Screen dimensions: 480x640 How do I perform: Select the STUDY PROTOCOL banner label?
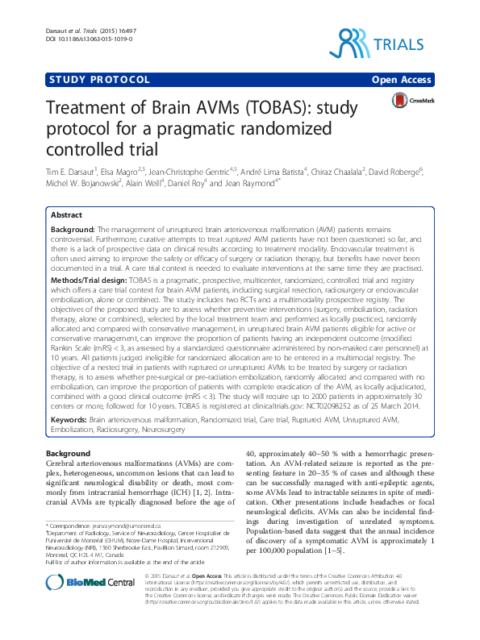click(98, 80)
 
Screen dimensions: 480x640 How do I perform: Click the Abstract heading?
click(66, 216)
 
